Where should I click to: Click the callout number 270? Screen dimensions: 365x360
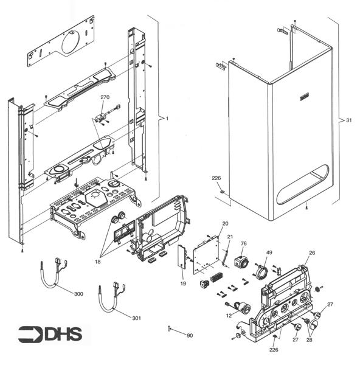point(105,97)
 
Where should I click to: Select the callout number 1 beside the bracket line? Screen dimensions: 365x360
point(167,119)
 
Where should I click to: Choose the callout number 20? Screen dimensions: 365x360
point(225,224)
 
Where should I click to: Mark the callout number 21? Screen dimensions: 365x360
point(230,237)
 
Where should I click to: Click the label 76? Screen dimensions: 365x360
point(243,244)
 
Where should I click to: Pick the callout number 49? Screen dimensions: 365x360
point(269,251)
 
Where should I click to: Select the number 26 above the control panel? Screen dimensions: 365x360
point(311,252)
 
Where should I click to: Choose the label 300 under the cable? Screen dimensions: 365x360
point(78,294)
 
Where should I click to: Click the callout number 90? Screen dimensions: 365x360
point(189,336)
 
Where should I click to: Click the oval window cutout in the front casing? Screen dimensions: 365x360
point(302,185)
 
